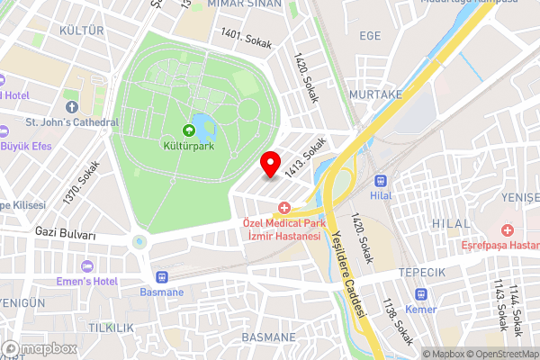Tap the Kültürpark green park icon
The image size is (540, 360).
(x=188, y=130)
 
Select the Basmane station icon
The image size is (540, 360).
(x=163, y=277)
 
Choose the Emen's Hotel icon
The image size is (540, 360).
(x=86, y=266)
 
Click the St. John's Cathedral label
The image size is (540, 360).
(x=72, y=122)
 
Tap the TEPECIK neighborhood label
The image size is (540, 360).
(x=424, y=273)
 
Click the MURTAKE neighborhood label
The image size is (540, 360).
(x=376, y=94)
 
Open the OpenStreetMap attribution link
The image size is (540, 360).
(x=503, y=354)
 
